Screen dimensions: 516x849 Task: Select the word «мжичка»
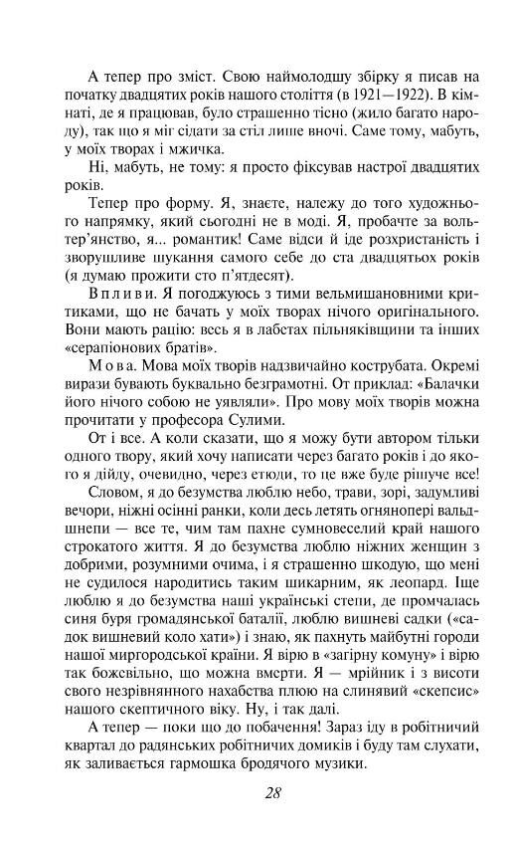point(195,145)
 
